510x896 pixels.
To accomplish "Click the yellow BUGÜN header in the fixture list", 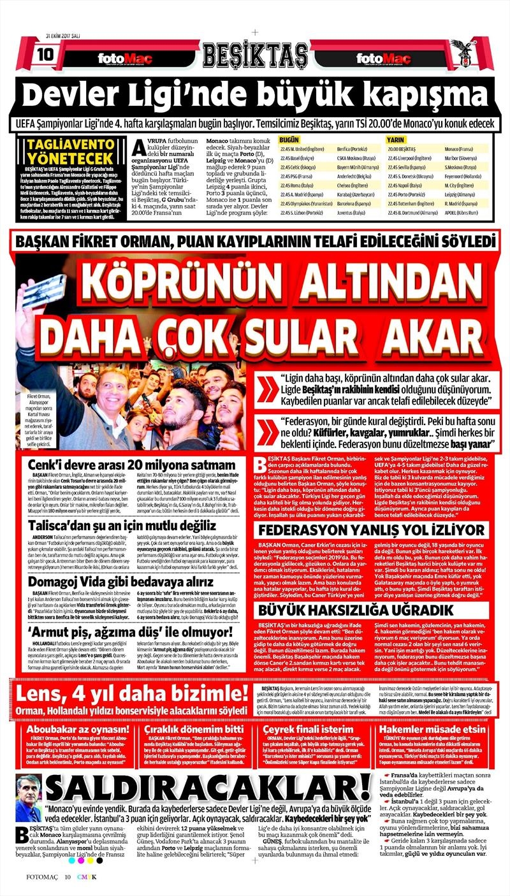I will [290, 138].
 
